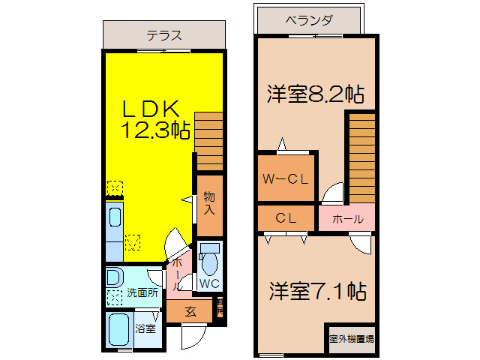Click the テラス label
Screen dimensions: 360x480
pyautogui.click(x=164, y=35)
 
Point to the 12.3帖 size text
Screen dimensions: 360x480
pyautogui.click(x=155, y=130)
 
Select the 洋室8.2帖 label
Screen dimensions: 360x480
pyautogui.click(x=316, y=94)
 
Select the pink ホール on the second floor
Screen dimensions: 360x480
pyautogui.click(x=347, y=219)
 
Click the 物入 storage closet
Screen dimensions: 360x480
pyautogui.click(x=210, y=203)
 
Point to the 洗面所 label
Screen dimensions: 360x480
pyautogui.click(x=142, y=292)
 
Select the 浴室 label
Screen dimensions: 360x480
pyautogui.click(x=145, y=328)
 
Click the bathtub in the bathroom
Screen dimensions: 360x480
pyautogui.click(x=119, y=329)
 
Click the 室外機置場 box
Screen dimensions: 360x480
pyautogui.click(x=351, y=338)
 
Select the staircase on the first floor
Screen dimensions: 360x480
pyautogui.click(x=209, y=141)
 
